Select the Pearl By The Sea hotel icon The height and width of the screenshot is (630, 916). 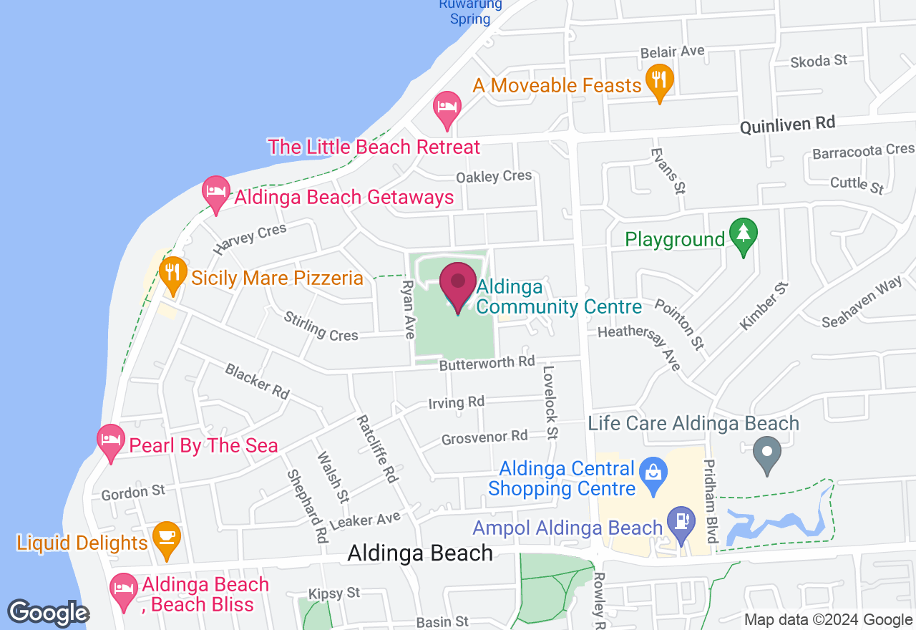tap(110, 441)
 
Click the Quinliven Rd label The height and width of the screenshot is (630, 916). tap(787, 125)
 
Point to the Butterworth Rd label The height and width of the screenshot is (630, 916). tap(487, 363)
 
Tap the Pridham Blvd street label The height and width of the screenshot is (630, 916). tap(710, 501)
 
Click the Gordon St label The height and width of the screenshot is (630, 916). tap(133, 493)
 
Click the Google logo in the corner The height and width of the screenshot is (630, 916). tap(48, 613)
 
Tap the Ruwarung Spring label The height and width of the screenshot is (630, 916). tap(470, 11)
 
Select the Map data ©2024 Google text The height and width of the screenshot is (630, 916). tap(828, 620)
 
